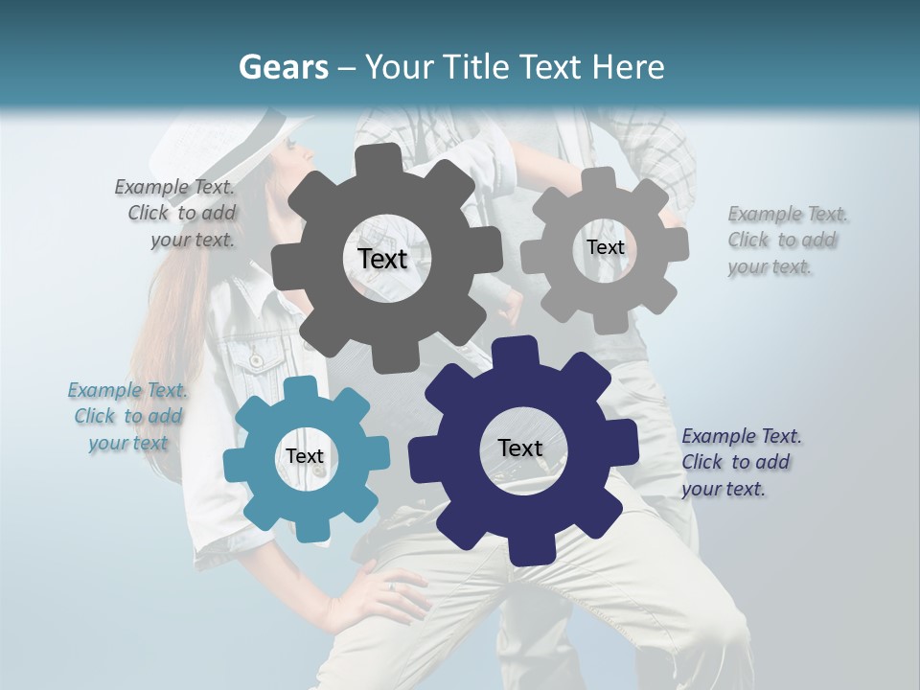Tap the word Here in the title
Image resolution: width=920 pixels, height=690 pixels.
[629, 67]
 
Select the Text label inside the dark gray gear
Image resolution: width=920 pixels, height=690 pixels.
[382, 259]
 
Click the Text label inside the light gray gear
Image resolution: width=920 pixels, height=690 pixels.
[605, 247]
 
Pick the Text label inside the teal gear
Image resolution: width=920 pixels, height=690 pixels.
[305, 456]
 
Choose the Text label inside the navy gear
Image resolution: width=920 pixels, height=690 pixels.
[520, 448]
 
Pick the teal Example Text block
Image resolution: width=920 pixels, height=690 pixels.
[127, 416]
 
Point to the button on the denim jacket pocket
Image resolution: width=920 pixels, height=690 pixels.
[256, 359]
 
